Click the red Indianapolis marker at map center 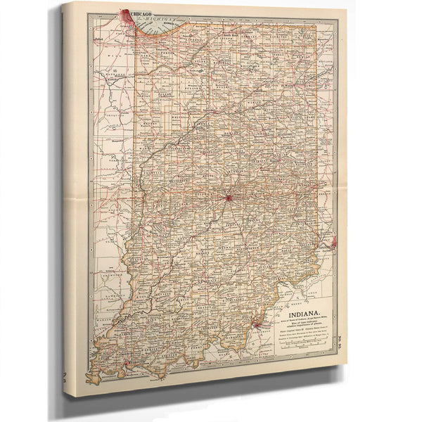point(229,198)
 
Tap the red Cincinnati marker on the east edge point(332,242)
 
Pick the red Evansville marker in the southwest point(126,363)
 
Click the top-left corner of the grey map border point(88,15)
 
